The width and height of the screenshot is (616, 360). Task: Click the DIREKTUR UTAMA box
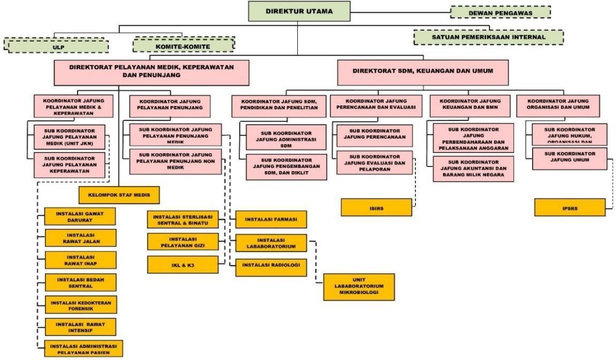pyautogui.click(x=299, y=11)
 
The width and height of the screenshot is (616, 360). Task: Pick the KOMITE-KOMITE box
pyautogui.click(x=183, y=45)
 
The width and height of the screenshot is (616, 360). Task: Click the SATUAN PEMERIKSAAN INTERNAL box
pyautogui.click(x=488, y=37)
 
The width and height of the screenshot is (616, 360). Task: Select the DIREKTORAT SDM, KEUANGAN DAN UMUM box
pyautogui.click(x=422, y=71)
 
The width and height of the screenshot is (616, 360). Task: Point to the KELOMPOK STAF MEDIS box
pyautogui.click(x=119, y=196)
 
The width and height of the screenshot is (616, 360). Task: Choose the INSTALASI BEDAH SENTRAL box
pyautogui.click(x=80, y=281)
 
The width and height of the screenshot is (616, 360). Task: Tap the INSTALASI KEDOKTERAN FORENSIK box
pyautogui.click(x=80, y=304)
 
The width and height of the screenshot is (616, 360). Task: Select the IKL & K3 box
pyautogui.click(x=183, y=264)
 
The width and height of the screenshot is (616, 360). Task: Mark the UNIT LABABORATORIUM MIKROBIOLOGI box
pyautogui.click(x=359, y=287)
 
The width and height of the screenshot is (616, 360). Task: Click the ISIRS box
pyautogui.click(x=376, y=207)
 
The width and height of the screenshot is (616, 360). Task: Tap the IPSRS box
pyautogui.click(x=570, y=207)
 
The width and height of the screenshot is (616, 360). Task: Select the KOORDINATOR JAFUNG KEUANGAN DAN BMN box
pyautogui.click(x=470, y=104)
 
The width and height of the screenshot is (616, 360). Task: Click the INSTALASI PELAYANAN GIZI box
pyautogui.click(x=183, y=242)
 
